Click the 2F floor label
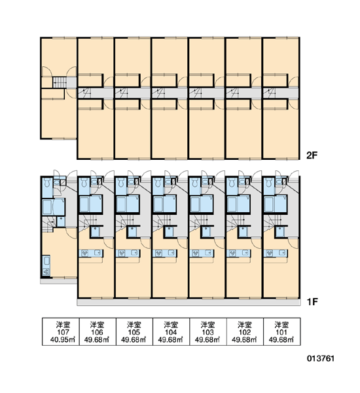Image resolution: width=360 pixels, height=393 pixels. pos(312,155)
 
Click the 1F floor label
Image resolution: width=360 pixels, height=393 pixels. pos(312,302)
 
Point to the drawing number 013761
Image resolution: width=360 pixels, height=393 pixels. pos(321,358)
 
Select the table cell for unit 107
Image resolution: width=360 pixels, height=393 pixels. pos(61,332)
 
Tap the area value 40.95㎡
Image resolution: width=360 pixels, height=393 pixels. pos(63,340)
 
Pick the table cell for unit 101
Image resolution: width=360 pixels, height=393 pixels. pos(282,332)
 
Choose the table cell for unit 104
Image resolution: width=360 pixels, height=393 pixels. pos(171,332)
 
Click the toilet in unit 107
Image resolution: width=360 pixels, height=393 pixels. pos(46,183)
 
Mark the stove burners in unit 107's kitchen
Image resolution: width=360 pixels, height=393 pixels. pos(46,271)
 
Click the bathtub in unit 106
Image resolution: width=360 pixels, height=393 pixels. pos(84,204)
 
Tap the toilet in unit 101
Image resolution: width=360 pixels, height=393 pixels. pos(269,183)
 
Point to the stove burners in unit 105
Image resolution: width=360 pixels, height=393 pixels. pos(122,253)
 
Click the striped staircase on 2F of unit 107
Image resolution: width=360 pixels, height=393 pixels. pos(60,83)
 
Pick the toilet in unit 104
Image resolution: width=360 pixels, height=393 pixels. pos(158,183)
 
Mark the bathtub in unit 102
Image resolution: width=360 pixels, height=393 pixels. pos(232,204)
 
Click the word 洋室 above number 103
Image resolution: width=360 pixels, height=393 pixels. pos(208,325)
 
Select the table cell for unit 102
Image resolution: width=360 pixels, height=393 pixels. pos(245,332)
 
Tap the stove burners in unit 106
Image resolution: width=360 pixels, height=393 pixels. pos(85,253)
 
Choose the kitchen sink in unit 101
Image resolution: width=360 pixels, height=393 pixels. pos(283,253)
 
